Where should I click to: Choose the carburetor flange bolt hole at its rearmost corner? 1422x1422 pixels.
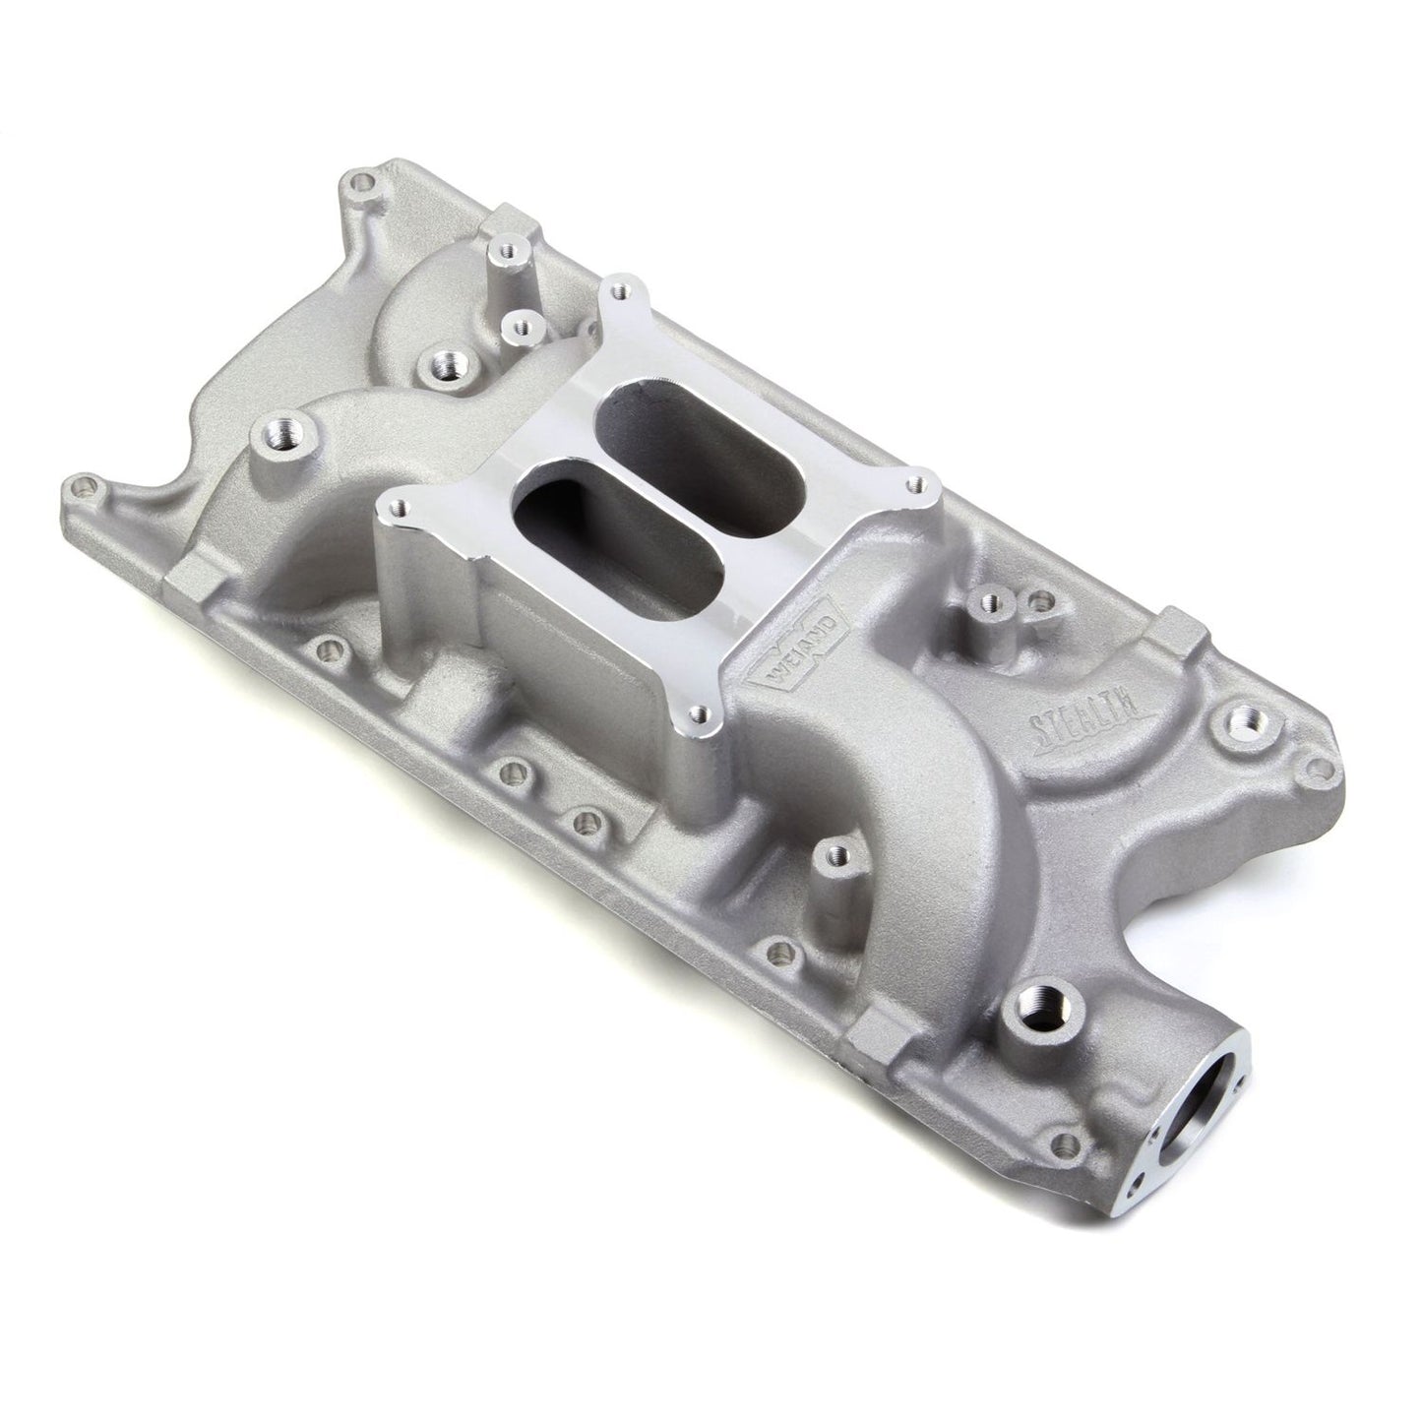click(619, 290)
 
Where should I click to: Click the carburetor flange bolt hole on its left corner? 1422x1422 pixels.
click(397, 508)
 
